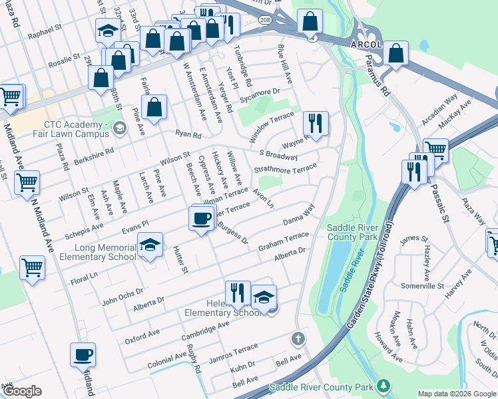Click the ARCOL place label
[366, 44]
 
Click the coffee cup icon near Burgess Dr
[202, 217]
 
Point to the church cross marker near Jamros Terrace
[298, 339]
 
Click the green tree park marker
[383, 386]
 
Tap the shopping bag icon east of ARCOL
[395, 55]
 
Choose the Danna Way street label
[298, 217]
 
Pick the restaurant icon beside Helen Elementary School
[237, 292]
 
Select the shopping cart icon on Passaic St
[435, 150]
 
